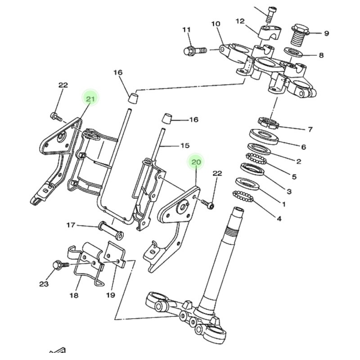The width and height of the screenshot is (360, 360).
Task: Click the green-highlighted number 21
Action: click(90, 99)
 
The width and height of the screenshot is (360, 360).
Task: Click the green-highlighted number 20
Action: click(196, 162)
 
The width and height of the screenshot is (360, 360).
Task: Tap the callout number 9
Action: click(327, 33)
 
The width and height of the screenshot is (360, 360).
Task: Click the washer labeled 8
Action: click(293, 52)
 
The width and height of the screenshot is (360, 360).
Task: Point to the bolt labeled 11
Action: click(195, 50)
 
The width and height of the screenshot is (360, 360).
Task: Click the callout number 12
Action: click(240, 21)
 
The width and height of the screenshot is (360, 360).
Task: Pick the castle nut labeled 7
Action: click(268, 123)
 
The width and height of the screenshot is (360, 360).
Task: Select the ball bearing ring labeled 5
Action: click(256, 159)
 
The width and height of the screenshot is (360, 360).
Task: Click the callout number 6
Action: click(303, 147)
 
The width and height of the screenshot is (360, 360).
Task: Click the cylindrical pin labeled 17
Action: click(111, 231)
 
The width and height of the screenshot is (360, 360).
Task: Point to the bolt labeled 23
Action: click(61, 265)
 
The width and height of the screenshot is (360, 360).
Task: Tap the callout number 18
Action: click(74, 295)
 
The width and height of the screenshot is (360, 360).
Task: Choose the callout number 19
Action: click(110, 295)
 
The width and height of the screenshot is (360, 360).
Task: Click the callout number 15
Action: click(185, 145)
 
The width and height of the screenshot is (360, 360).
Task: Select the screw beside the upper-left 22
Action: click(56, 117)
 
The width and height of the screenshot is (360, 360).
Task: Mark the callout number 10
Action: click(216, 24)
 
